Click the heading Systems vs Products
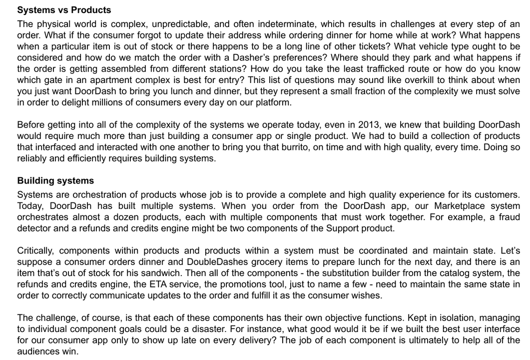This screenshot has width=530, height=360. (64, 10)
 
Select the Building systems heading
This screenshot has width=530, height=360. (55, 180)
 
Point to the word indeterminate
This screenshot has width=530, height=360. (284, 24)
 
